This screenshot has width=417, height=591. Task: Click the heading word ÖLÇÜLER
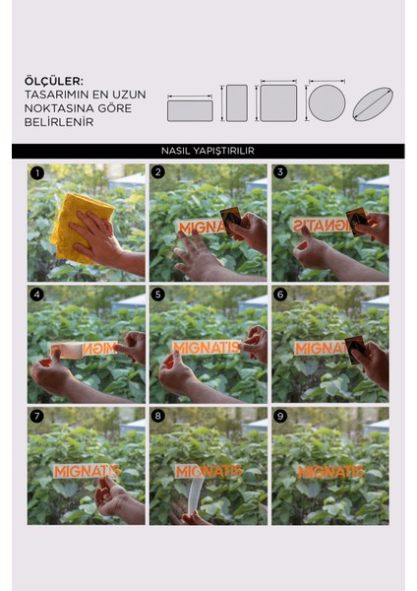pyautogui.click(x=54, y=81)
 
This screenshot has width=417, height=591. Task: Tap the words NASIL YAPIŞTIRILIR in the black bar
pyautogui.click(x=208, y=151)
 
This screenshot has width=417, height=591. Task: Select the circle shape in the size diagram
pyautogui.click(x=327, y=102)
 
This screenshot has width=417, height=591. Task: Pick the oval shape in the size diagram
pyautogui.click(x=373, y=104)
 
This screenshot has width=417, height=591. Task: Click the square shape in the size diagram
pyautogui.click(x=278, y=103)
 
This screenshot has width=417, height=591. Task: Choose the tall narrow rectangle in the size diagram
pyautogui.click(x=237, y=103)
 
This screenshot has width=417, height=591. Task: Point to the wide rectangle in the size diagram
pyautogui.click(x=190, y=110)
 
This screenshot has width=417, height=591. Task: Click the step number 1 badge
pyautogui.click(x=37, y=173)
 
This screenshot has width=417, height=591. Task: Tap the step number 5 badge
pyautogui.click(x=158, y=295)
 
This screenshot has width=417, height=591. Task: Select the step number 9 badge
pyautogui.click(x=279, y=416)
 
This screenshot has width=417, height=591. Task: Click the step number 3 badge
pyautogui.click(x=280, y=172)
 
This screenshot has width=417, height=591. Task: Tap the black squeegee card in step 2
pyautogui.click(x=231, y=221)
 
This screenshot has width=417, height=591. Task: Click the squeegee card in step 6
pyautogui.click(x=355, y=349)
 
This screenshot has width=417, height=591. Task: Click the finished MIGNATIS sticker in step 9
pyautogui.click(x=330, y=472)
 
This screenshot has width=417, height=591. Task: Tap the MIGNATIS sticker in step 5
pyautogui.click(x=207, y=348)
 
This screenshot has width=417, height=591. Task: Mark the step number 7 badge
pyautogui.click(x=36, y=416)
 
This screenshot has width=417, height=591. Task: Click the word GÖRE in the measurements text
pyautogui.click(x=114, y=108)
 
